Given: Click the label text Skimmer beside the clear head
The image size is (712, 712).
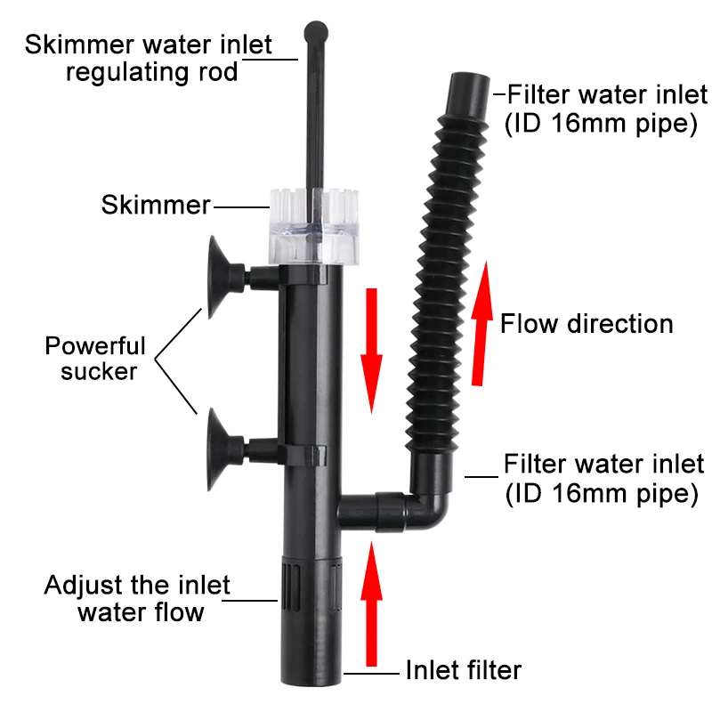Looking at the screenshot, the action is coord(157,206).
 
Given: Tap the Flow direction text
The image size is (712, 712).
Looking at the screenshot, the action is coord(587,323).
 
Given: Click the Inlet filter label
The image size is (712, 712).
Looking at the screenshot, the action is coord(464,670).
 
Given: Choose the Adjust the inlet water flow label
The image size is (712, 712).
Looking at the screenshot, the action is coord(138,599).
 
